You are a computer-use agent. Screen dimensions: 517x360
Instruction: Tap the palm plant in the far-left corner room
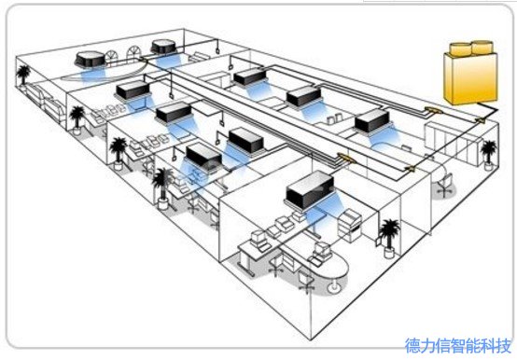pyautogui.click(x=75, y=117)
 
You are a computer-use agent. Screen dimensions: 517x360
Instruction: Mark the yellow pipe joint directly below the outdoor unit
pyautogui.click(x=477, y=119)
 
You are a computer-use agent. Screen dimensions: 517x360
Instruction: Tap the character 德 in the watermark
pyautogui.click(x=412, y=345)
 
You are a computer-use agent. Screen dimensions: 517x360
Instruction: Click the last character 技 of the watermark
pyautogui.click(x=506, y=345)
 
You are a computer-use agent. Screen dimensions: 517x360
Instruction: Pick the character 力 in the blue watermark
pyautogui.click(x=427, y=345)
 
